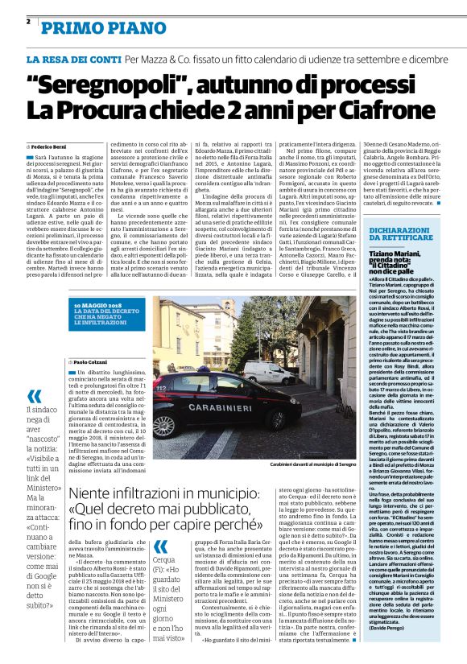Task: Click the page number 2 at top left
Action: (28, 21)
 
